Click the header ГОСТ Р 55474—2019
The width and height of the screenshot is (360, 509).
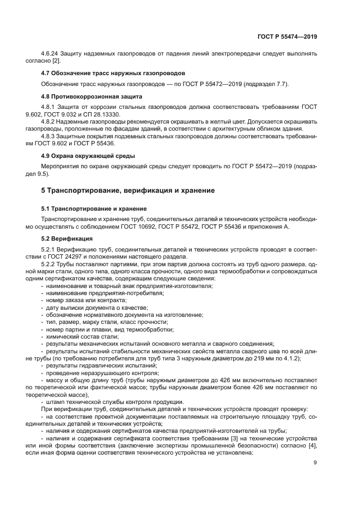coord(286,36)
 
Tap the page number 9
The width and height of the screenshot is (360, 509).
coord(315,463)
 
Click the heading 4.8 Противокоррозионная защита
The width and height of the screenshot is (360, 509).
coord(92,95)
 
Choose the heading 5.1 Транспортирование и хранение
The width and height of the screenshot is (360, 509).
coord(99,208)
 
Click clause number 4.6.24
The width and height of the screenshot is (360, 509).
coord(52,54)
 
